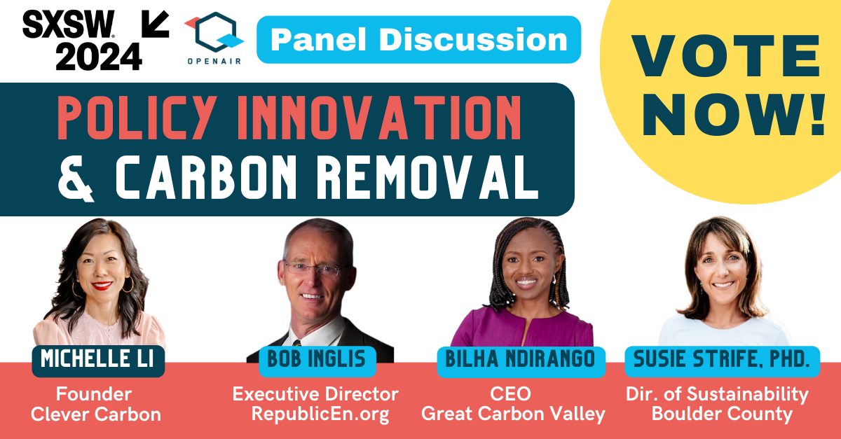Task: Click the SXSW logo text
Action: point(69,24)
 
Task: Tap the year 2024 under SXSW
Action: point(99,56)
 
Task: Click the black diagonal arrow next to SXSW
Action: point(155,24)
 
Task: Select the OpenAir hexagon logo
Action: point(214,32)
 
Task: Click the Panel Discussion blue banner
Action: point(418,39)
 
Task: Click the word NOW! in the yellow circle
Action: point(734,114)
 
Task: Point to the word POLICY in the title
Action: point(137,118)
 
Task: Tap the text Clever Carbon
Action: point(96,414)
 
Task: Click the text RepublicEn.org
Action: point(320,414)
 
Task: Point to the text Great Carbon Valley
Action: point(513,414)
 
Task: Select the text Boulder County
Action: point(722,414)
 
